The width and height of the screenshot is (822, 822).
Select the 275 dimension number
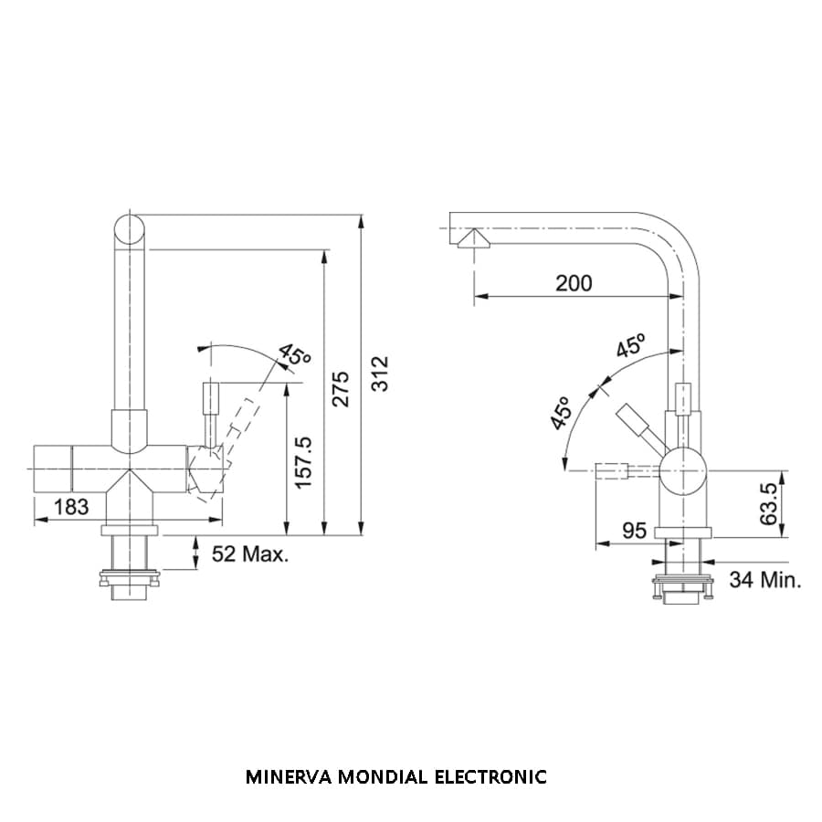tap(341, 390)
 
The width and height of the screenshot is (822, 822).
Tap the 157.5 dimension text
tap(304, 460)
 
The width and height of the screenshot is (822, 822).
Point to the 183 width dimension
tap(71, 505)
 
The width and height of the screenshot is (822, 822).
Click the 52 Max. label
tap(250, 553)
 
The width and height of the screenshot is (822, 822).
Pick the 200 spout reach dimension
tap(574, 282)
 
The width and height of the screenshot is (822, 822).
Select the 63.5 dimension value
tap(770, 503)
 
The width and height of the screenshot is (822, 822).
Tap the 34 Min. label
tap(765, 579)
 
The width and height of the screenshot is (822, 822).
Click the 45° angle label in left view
tap(294, 354)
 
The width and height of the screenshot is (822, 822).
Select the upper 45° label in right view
tap(630, 346)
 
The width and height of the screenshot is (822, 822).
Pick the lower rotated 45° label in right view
tap(560, 413)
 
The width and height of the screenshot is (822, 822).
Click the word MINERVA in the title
tap(289, 777)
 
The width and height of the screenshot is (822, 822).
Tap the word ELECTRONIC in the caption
tap(490, 777)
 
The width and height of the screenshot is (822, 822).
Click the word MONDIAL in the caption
tap(383, 777)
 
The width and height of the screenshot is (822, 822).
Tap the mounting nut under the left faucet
tap(129, 576)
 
